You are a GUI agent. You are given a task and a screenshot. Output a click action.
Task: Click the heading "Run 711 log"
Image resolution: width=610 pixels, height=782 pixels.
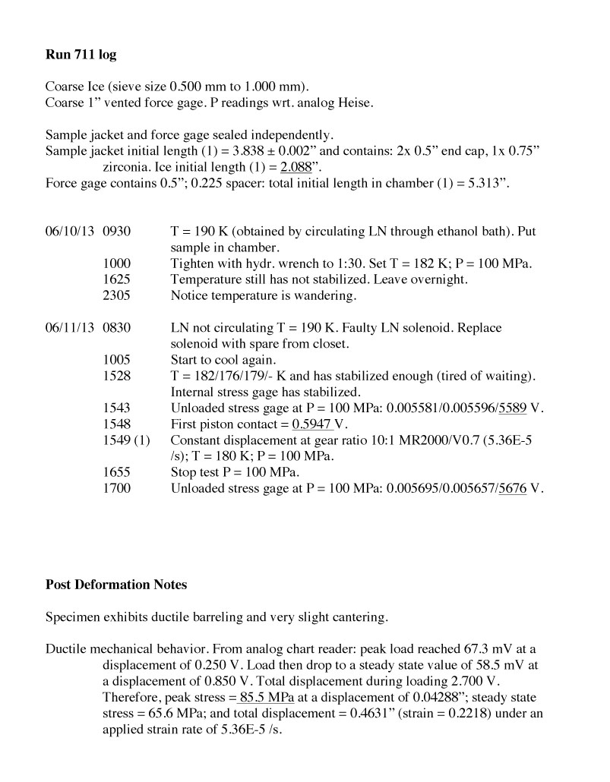(81, 55)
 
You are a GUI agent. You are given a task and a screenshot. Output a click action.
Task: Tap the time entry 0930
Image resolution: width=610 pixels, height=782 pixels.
(116, 231)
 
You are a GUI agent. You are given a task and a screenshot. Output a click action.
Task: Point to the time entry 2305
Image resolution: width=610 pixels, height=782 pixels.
(116, 295)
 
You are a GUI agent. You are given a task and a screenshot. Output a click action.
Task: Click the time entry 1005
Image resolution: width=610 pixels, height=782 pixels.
(116, 359)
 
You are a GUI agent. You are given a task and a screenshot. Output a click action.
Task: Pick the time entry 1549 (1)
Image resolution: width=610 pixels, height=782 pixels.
(126, 440)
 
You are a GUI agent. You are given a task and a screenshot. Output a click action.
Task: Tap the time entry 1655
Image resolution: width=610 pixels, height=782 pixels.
(116, 471)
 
